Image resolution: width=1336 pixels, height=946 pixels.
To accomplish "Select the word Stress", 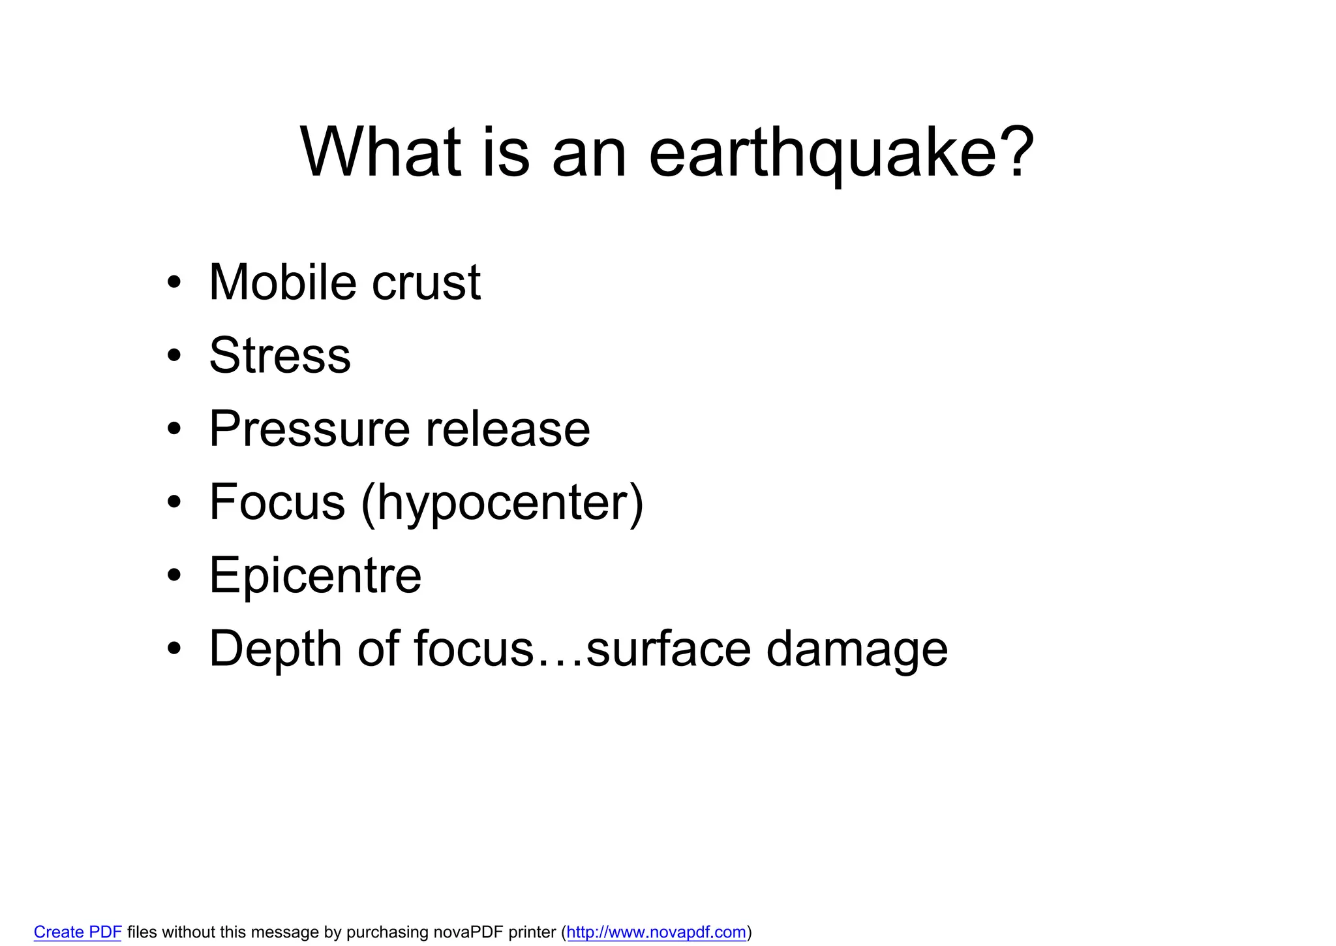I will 280,356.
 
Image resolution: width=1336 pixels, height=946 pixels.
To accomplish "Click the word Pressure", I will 309,430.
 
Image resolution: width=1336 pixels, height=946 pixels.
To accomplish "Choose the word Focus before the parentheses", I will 277,503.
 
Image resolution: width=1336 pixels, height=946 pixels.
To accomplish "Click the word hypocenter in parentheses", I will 502,505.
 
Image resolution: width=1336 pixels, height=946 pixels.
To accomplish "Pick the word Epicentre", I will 315,576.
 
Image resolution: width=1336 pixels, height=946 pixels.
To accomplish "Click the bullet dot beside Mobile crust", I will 173,283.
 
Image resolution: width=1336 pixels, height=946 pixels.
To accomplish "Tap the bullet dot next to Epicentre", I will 173,576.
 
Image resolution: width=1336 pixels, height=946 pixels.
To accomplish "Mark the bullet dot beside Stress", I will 173,356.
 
